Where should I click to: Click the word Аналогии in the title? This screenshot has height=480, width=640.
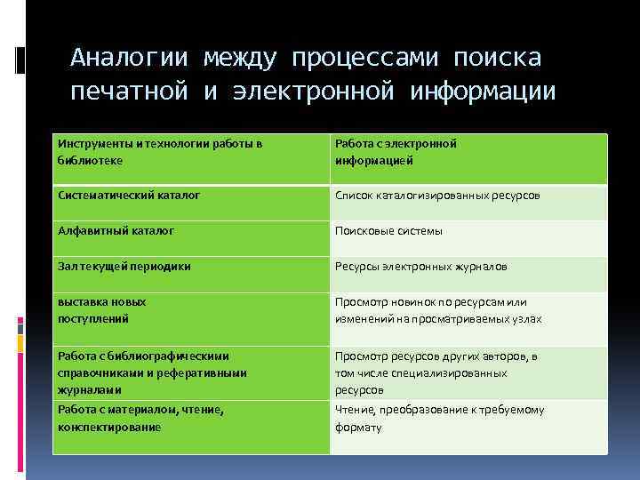point(130,58)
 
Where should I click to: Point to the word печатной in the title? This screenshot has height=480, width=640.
point(130,92)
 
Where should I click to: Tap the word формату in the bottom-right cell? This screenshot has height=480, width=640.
point(358,428)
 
